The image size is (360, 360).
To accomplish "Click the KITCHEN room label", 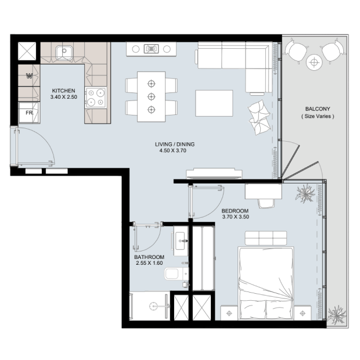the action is click(x=64, y=91).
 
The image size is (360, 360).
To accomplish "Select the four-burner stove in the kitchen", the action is click(x=95, y=98).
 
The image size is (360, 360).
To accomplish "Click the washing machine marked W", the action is click(x=29, y=75).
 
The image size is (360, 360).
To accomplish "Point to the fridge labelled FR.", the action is click(x=29, y=113).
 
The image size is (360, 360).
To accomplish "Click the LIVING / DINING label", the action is click(x=175, y=145).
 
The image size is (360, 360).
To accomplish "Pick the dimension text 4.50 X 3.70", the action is click(x=173, y=150).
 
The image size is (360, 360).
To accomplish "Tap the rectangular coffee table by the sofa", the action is click(x=214, y=103).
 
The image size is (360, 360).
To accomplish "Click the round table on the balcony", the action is click(x=314, y=62).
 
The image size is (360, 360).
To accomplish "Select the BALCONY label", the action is click(x=318, y=109).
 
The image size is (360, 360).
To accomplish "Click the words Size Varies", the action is click(x=318, y=116).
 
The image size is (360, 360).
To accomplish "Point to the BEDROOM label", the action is click(x=235, y=211).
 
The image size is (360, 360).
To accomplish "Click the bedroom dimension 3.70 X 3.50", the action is click(x=236, y=217).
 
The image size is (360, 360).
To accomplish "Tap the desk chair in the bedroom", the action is click(x=267, y=203).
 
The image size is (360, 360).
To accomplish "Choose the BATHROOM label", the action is click(x=149, y=257).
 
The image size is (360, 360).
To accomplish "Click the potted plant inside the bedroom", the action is click(x=305, y=193).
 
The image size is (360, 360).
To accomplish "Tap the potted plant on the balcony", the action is click(x=337, y=315).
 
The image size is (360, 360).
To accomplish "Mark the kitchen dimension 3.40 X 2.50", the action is click(x=64, y=97).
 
